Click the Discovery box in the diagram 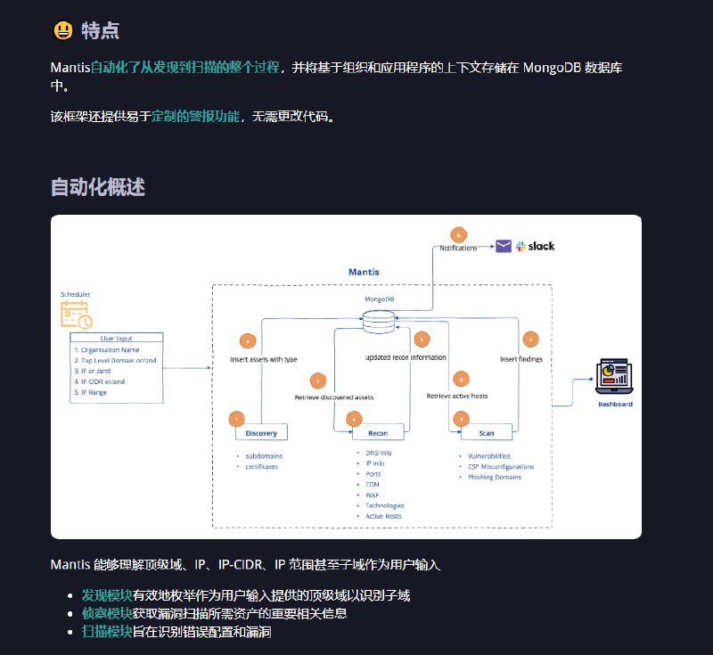tap(260, 433)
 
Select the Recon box tap(377, 433)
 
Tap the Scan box tap(486, 433)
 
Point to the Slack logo tap(535, 246)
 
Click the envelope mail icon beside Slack tap(504, 246)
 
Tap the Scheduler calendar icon tap(75, 314)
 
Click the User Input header tap(116, 339)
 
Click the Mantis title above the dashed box tap(363, 271)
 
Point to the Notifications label tap(458, 248)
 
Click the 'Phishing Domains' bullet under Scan tap(495, 477)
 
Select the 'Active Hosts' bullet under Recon tap(383, 516)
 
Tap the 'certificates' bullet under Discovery tap(262, 466)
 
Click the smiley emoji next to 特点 tap(62, 30)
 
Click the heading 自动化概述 tap(98, 187)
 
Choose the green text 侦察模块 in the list tap(107, 613)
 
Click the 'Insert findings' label tap(520, 359)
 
